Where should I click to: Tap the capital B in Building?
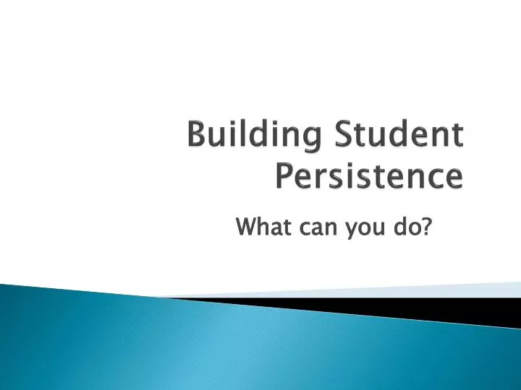click(195, 137)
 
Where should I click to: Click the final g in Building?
click(313, 141)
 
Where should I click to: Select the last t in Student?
click(457, 138)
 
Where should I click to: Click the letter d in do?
click(400, 228)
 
